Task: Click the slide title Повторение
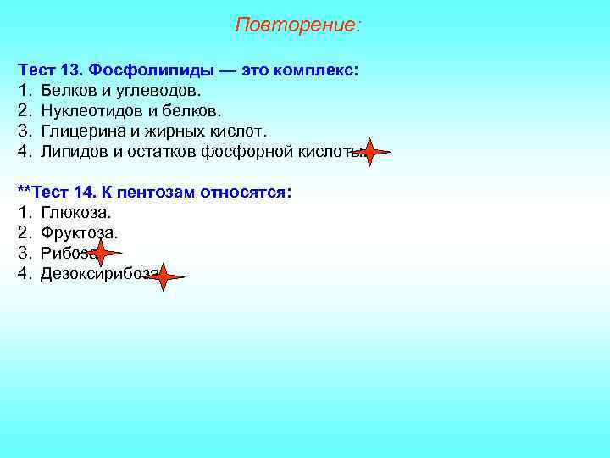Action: click(x=297, y=25)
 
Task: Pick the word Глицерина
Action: click(x=80, y=131)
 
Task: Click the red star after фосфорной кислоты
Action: click(x=369, y=152)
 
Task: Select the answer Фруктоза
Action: click(x=79, y=232)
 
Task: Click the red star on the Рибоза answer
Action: click(x=101, y=252)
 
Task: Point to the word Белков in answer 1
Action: click(x=65, y=91)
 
